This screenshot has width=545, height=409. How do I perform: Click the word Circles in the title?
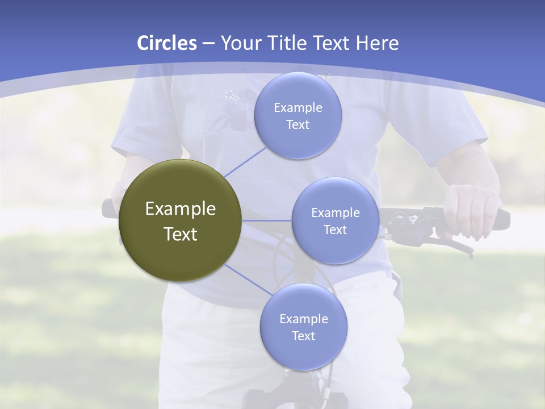pos(166,43)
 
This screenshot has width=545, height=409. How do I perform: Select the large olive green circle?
pos(181,221)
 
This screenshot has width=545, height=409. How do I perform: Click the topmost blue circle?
pos(298,116)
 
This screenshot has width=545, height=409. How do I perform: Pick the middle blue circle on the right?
pos(336,221)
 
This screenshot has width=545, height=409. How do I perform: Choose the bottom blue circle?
pos(304,327)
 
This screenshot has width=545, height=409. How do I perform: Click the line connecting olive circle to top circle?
pos(245,161)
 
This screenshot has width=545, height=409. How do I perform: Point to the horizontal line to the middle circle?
pos(267,220)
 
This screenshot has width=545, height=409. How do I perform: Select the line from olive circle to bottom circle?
pos(249,281)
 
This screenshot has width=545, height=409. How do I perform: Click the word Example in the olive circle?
pos(181,209)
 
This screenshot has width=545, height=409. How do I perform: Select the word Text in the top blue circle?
pos(298,125)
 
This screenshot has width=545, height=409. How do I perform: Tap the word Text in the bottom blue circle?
pos(304,336)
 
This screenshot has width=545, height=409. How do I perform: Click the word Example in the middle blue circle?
pos(336,213)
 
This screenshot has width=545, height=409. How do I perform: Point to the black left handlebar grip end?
pos(108,208)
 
